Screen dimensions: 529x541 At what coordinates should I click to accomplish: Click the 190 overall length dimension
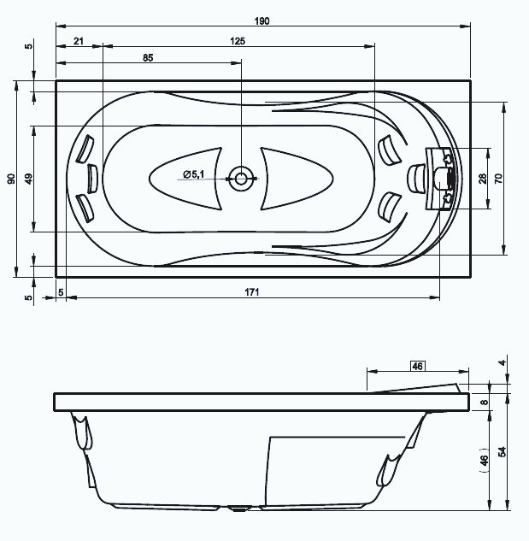point(262,21)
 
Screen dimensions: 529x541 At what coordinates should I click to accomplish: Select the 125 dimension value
point(238,41)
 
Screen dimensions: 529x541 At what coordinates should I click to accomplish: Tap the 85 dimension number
point(148,57)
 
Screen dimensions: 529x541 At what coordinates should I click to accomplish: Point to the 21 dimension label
point(79,41)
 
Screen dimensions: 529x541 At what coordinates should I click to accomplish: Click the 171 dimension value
point(252,292)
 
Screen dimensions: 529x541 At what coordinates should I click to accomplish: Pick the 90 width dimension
point(11,179)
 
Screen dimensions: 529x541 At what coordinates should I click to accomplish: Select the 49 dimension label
point(29,179)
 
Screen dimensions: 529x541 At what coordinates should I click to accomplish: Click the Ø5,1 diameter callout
point(194,174)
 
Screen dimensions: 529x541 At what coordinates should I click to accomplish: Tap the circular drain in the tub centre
point(241,179)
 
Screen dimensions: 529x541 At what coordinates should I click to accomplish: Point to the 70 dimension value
point(498,179)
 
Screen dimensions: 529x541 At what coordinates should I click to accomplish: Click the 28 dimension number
point(483,179)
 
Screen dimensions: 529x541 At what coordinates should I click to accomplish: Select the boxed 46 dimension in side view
point(418,366)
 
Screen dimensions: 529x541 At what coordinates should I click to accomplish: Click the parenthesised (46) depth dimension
point(485,461)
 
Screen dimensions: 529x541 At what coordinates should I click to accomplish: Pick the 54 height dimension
point(503,451)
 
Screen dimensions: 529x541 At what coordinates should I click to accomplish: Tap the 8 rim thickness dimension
point(485,402)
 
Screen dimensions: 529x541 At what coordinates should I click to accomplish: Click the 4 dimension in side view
point(503,362)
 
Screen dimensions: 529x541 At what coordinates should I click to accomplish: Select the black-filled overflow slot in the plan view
point(451,179)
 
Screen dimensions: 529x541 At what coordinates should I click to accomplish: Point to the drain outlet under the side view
point(239,509)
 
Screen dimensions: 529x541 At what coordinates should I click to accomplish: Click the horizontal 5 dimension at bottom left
point(61,292)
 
